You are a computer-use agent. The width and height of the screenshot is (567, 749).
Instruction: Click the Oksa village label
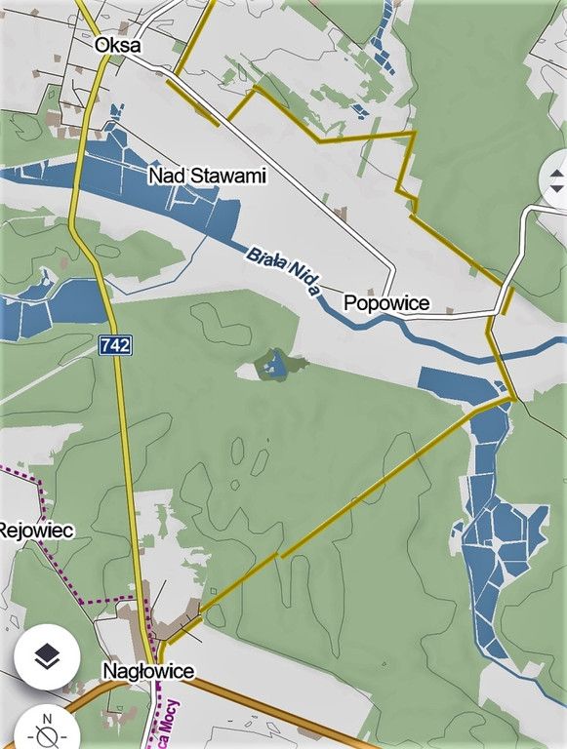coord(117,45)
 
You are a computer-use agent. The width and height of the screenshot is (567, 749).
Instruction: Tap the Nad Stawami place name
coord(207,176)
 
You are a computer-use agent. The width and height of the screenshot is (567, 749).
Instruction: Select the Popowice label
coord(386,304)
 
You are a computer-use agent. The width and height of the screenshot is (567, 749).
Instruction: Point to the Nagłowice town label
coord(148,671)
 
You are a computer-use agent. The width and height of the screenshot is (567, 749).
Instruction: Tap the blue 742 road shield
coord(114,344)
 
